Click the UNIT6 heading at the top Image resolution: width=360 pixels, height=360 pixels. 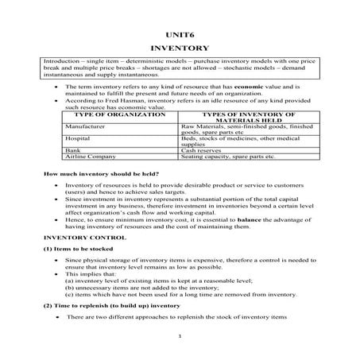click(179, 36)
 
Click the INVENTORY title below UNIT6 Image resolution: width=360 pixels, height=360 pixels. click(179, 48)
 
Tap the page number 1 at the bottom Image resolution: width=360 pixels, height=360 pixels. click(180, 336)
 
